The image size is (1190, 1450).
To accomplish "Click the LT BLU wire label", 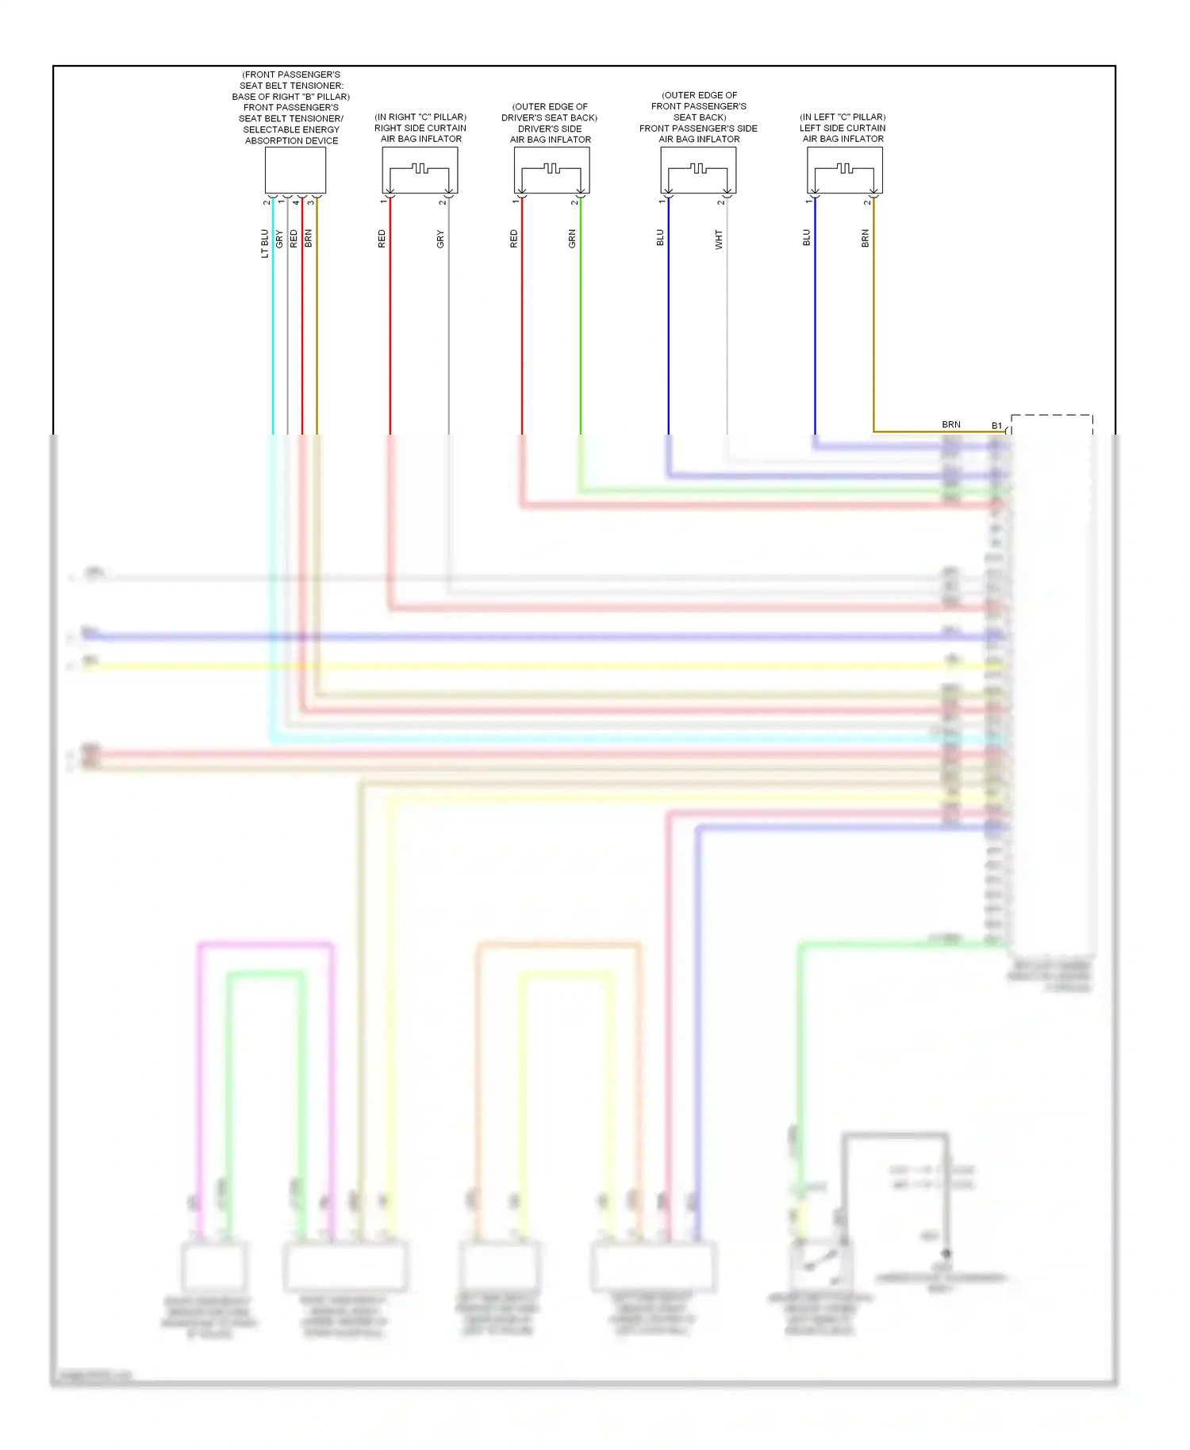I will click(265, 244).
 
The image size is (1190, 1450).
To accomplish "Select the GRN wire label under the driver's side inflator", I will click(572, 239).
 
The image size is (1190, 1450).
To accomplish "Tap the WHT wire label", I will click(719, 240).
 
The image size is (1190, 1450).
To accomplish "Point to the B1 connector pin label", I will click(996, 426).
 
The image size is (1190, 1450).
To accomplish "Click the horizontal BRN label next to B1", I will click(950, 424).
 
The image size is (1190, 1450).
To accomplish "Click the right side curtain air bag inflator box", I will click(420, 170).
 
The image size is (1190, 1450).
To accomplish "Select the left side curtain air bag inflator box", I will click(844, 170).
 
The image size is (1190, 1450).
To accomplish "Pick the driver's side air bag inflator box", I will click(551, 170).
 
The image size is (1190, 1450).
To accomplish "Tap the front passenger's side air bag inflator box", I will click(698, 170).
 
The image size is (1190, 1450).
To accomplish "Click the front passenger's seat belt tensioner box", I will click(295, 170).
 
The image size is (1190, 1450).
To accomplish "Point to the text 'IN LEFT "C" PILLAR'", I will click(843, 117).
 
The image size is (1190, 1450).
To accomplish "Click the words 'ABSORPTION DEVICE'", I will click(291, 140).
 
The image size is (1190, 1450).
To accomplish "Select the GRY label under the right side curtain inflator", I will click(440, 239).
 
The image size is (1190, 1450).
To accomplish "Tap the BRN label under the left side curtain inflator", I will click(866, 238).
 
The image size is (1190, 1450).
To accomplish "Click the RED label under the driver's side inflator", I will click(513, 239).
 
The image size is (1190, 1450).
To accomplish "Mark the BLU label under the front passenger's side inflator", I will click(660, 238).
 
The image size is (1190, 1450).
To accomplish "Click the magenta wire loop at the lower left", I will click(266, 945).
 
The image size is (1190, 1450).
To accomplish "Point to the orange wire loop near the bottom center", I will click(559, 945).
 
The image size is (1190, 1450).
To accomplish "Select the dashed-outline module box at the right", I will click(1052, 682).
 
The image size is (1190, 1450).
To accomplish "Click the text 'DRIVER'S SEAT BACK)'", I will click(549, 117).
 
